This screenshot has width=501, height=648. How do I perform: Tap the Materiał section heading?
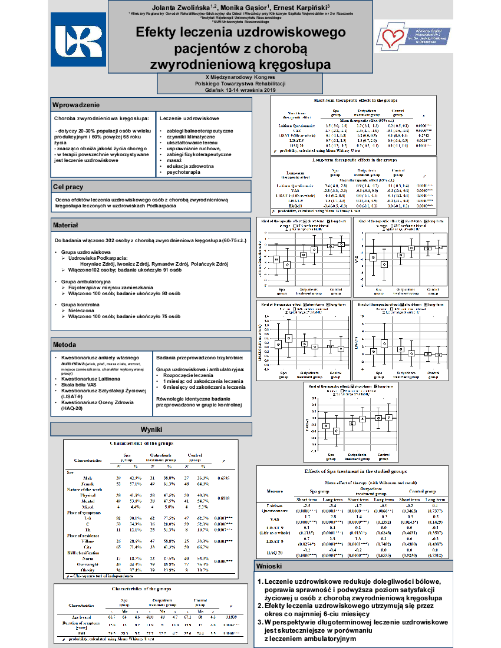pyautogui.click(x=65, y=225)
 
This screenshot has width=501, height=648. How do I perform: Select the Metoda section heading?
pyautogui.click(x=64, y=344)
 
